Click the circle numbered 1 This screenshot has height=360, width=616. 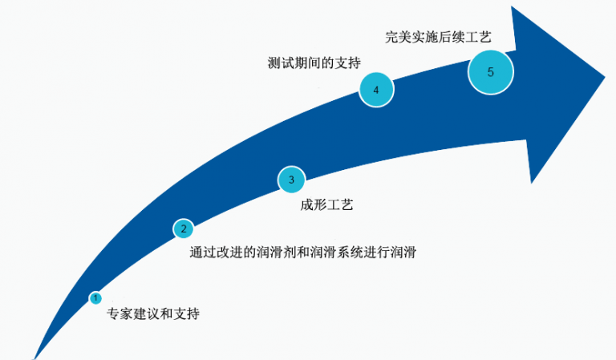coord(95,298)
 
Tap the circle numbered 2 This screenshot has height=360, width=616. coord(183,229)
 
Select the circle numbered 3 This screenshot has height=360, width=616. coord(291,180)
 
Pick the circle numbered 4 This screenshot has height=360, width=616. coord(376,90)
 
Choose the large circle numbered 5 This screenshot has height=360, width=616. coord(490,72)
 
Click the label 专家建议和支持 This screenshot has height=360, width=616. coord(153,313)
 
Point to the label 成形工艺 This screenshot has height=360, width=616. coord(327,205)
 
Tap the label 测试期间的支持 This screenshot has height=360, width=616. coord(314,63)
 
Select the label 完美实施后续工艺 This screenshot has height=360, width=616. coord(438,38)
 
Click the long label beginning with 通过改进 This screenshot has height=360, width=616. coord(303,252)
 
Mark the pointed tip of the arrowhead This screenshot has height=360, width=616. coord(605,76)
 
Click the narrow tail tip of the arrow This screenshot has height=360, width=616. coord(34,358)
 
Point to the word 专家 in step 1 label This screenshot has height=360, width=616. coord(120,313)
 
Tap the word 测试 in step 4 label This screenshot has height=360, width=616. coord(281,63)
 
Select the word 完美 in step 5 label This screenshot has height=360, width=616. coord(398,38)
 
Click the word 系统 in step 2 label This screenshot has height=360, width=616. coord(350,252)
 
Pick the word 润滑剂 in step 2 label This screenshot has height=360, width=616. coord(276,252)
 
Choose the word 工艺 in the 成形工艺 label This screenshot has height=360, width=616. coord(340,205)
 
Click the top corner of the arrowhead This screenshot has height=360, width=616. coord(512,6)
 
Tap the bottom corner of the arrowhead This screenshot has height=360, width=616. coord(531,183)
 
